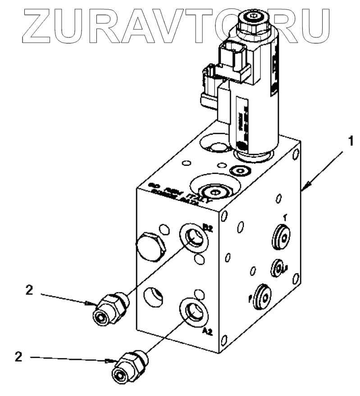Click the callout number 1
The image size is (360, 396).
coord(350,142)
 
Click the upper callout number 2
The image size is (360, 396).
coord(29,291)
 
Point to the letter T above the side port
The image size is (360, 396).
coord(284,218)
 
